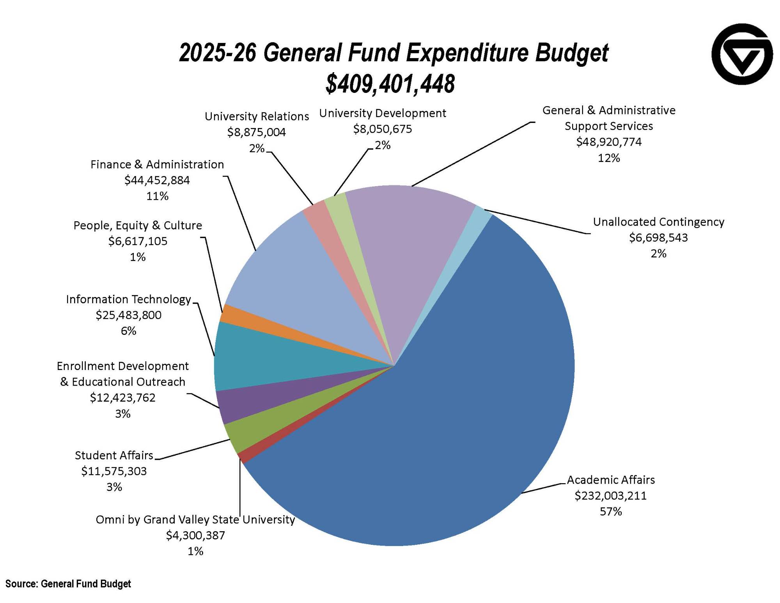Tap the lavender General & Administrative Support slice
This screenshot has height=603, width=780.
point(406,234)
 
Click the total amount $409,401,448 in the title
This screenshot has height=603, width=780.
point(390,84)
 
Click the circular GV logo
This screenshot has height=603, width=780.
point(742,54)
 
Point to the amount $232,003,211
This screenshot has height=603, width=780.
point(610,496)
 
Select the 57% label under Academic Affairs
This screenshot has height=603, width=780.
point(610,511)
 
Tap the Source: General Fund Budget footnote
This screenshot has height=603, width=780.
point(68,584)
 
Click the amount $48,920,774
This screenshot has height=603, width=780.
point(608,142)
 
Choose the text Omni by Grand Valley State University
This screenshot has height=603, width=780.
point(195,519)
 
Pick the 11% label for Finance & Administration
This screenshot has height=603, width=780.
point(157,196)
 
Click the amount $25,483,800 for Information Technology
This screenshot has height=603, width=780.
point(128,315)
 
